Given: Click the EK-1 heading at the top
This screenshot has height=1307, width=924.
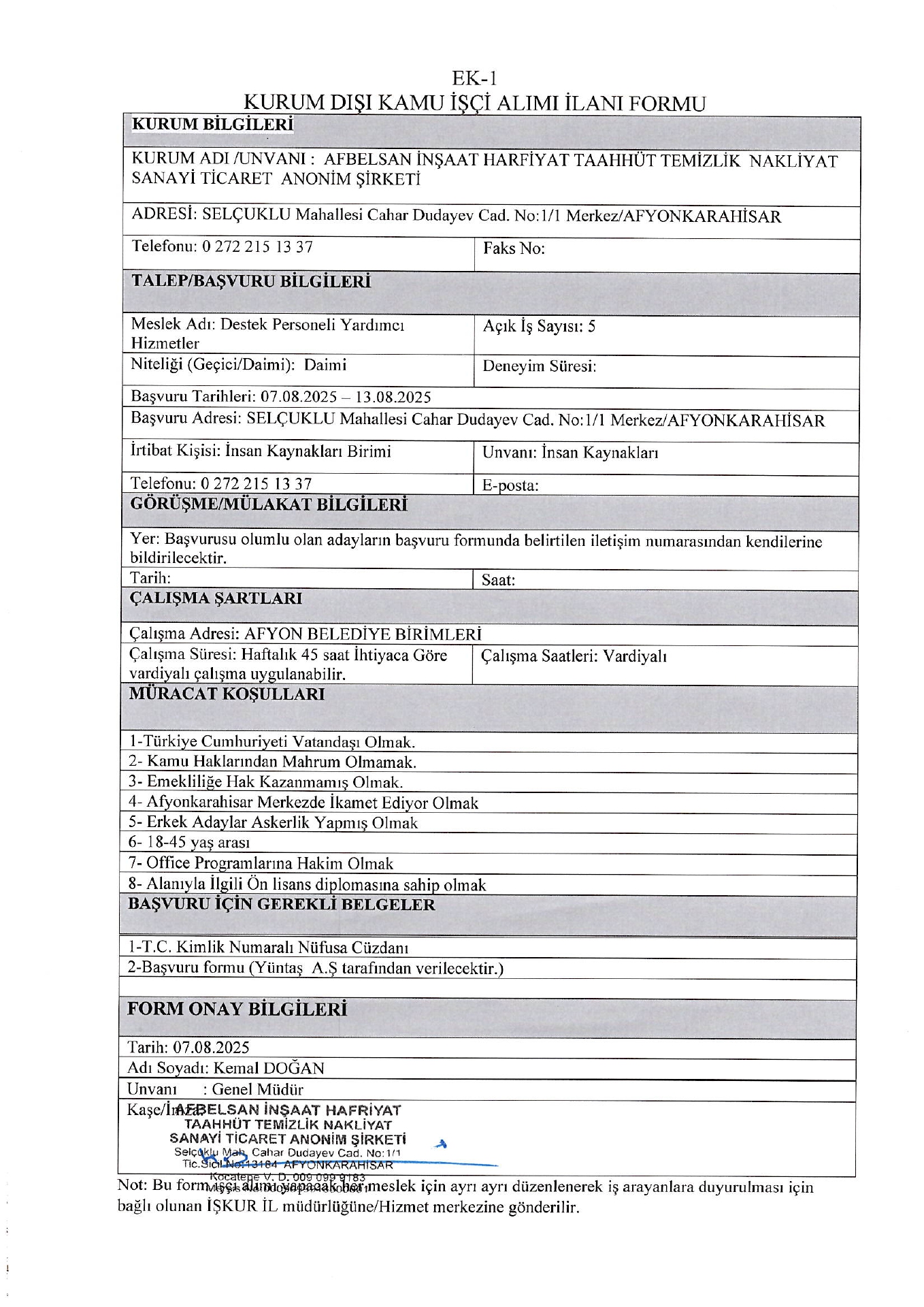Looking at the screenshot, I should (474, 78).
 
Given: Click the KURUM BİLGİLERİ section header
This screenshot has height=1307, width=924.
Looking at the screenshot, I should (212, 125).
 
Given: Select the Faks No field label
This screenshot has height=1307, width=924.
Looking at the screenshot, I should (514, 248).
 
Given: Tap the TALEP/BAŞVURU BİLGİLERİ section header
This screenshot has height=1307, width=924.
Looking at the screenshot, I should (251, 282).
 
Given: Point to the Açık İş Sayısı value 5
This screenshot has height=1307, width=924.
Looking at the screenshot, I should (591, 326).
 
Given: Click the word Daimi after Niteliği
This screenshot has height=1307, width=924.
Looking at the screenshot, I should (325, 365).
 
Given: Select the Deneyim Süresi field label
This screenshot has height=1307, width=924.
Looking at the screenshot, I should (539, 366).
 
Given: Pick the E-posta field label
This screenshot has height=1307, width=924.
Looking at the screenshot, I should (510, 485).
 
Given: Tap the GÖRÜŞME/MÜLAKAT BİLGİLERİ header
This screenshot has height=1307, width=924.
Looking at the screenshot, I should (269, 505).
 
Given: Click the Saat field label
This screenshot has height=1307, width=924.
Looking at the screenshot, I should (498, 580).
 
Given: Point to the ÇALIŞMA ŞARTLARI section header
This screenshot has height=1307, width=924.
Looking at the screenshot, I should (216, 598).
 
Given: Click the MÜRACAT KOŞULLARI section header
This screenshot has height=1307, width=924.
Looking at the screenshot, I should (227, 694).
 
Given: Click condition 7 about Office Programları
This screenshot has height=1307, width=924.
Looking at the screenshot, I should (261, 863).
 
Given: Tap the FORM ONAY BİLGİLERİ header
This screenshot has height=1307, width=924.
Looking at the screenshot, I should (237, 1009).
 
